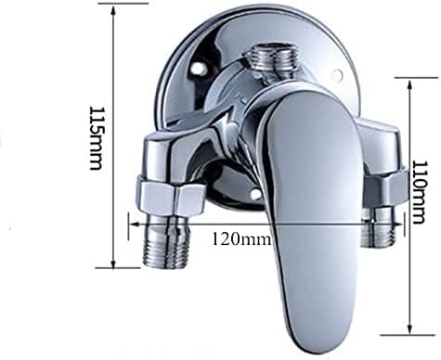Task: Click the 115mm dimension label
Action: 96,138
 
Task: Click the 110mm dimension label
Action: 419,192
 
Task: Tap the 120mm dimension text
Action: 241,238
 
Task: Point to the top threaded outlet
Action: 273,62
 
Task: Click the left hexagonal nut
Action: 171,197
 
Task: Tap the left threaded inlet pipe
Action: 167,240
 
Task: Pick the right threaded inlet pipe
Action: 380,226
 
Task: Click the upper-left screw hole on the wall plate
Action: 197,69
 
